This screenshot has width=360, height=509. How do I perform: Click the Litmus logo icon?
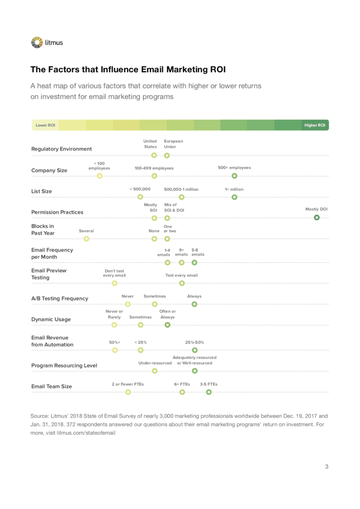[x=37, y=43]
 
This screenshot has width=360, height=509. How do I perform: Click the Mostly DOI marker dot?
[x=317, y=217]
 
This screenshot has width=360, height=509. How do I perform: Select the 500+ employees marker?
[x=234, y=176]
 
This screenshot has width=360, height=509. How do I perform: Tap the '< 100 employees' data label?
[x=99, y=166]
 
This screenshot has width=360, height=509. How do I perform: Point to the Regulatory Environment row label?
[x=61, y=149]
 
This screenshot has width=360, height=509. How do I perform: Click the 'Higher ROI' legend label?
[x=315, y=125]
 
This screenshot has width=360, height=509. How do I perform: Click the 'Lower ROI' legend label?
[x=45, y=125]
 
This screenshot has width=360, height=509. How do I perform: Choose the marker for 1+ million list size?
[x=234, y=197]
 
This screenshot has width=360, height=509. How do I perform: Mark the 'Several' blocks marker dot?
[x=86, y=239]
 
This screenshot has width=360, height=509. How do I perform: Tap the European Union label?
[x=173, y=144]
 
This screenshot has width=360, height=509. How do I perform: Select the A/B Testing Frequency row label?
[x=60, y=299]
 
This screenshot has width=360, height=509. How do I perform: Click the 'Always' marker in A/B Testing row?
[x=195, y=304]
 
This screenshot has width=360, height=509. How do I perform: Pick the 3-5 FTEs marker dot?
[x=209, y=392]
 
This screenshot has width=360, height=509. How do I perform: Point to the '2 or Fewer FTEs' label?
[x=127, y=384]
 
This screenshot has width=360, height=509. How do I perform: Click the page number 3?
[x=326, y=466]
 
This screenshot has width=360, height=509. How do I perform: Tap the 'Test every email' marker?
[x=182, y=283]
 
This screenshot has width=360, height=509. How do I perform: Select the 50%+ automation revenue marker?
[x=115, y=350]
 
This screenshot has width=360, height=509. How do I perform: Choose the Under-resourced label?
[x=155, y=363]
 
